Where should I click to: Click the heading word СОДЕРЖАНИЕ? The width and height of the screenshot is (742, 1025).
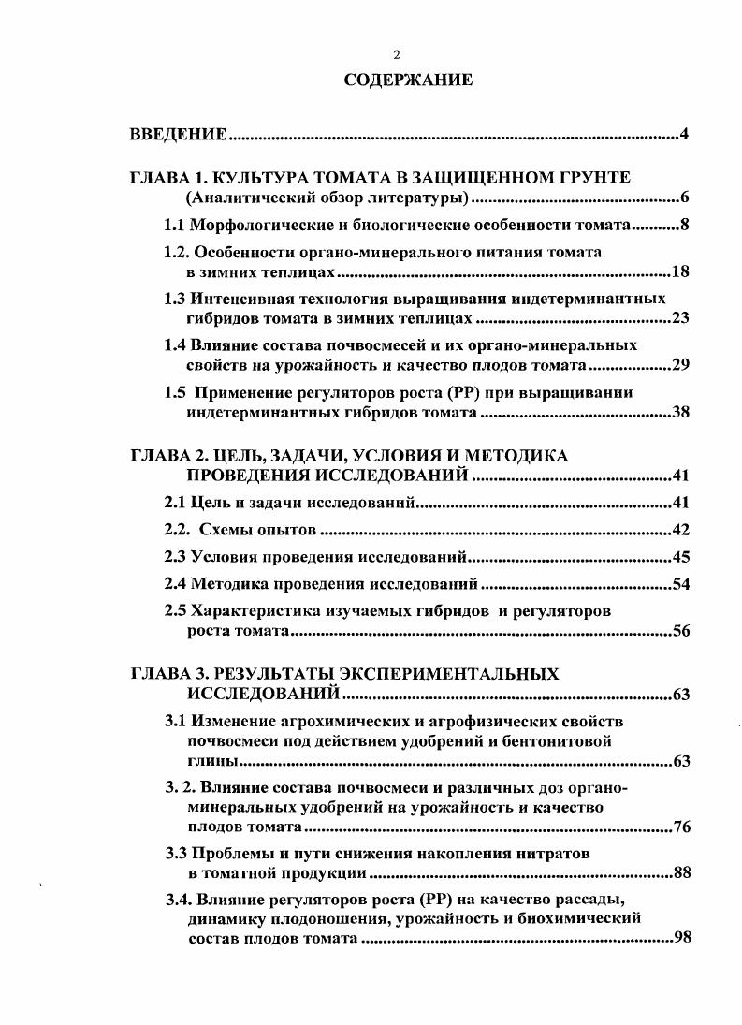(x=408, y=81)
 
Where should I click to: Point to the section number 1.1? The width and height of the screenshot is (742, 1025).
(x=175, y=225)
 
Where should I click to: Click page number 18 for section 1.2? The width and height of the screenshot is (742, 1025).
(x=680, y=272)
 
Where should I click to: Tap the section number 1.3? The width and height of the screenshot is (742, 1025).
(x=175, y=299)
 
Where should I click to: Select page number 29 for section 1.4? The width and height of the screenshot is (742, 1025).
(x=680, y=364)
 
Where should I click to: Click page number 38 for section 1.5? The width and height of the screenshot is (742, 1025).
(x=680, y=412)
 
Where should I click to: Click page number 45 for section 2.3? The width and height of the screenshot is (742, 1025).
(x=680, y=558)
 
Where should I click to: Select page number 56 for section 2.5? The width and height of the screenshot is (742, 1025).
(x=680, y=631)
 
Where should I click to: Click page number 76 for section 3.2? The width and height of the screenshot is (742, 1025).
(x=680, y=827)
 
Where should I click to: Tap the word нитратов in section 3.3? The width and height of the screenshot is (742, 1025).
(x=555, y=853)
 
